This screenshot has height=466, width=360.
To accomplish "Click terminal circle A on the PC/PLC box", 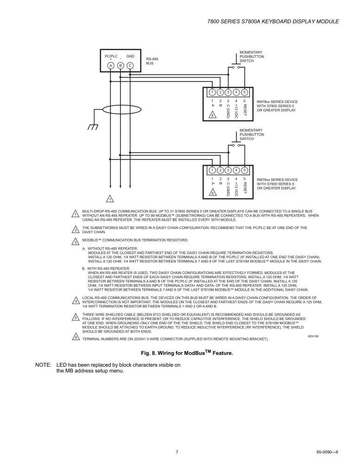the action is click(x=111, y=65).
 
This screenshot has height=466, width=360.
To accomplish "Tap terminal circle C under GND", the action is click(x=130, y=65).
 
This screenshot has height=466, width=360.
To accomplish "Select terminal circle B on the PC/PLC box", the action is click(x=120, y=65).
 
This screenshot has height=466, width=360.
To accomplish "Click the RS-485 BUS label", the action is click(x=152, y=61).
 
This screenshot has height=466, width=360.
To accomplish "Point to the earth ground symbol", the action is click(x=93, y=127).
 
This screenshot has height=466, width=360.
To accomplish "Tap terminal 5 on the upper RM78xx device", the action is click(x=244, y=92).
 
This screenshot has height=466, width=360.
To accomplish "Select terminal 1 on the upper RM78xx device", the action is click(x=212, y=92).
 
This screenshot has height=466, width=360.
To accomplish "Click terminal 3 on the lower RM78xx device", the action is click(x=228, y=170).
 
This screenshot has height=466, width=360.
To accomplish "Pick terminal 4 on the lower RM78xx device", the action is click(x=236, y=170).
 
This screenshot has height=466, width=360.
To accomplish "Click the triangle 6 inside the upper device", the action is click(x=212, y=115).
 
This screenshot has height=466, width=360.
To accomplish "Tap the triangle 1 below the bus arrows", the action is click(x=110, y=198).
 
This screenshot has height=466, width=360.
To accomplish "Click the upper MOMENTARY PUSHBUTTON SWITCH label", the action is click(x=252, y=57).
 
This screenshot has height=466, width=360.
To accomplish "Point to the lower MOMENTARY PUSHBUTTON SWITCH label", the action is click(x=252, y=134).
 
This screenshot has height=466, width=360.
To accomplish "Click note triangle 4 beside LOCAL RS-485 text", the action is click(x=76, y=301).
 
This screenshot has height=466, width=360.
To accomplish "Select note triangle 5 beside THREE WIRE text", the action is click(x=76, y=318).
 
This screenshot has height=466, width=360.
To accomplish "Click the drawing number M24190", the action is click(x=313, y=336).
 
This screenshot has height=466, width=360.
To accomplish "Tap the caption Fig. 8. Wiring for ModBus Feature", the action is click(x=187, y=353).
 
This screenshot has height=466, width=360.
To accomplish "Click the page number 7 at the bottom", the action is click(x=177, y=452).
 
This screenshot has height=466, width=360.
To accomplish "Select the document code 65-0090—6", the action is click(x=327, y=452).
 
